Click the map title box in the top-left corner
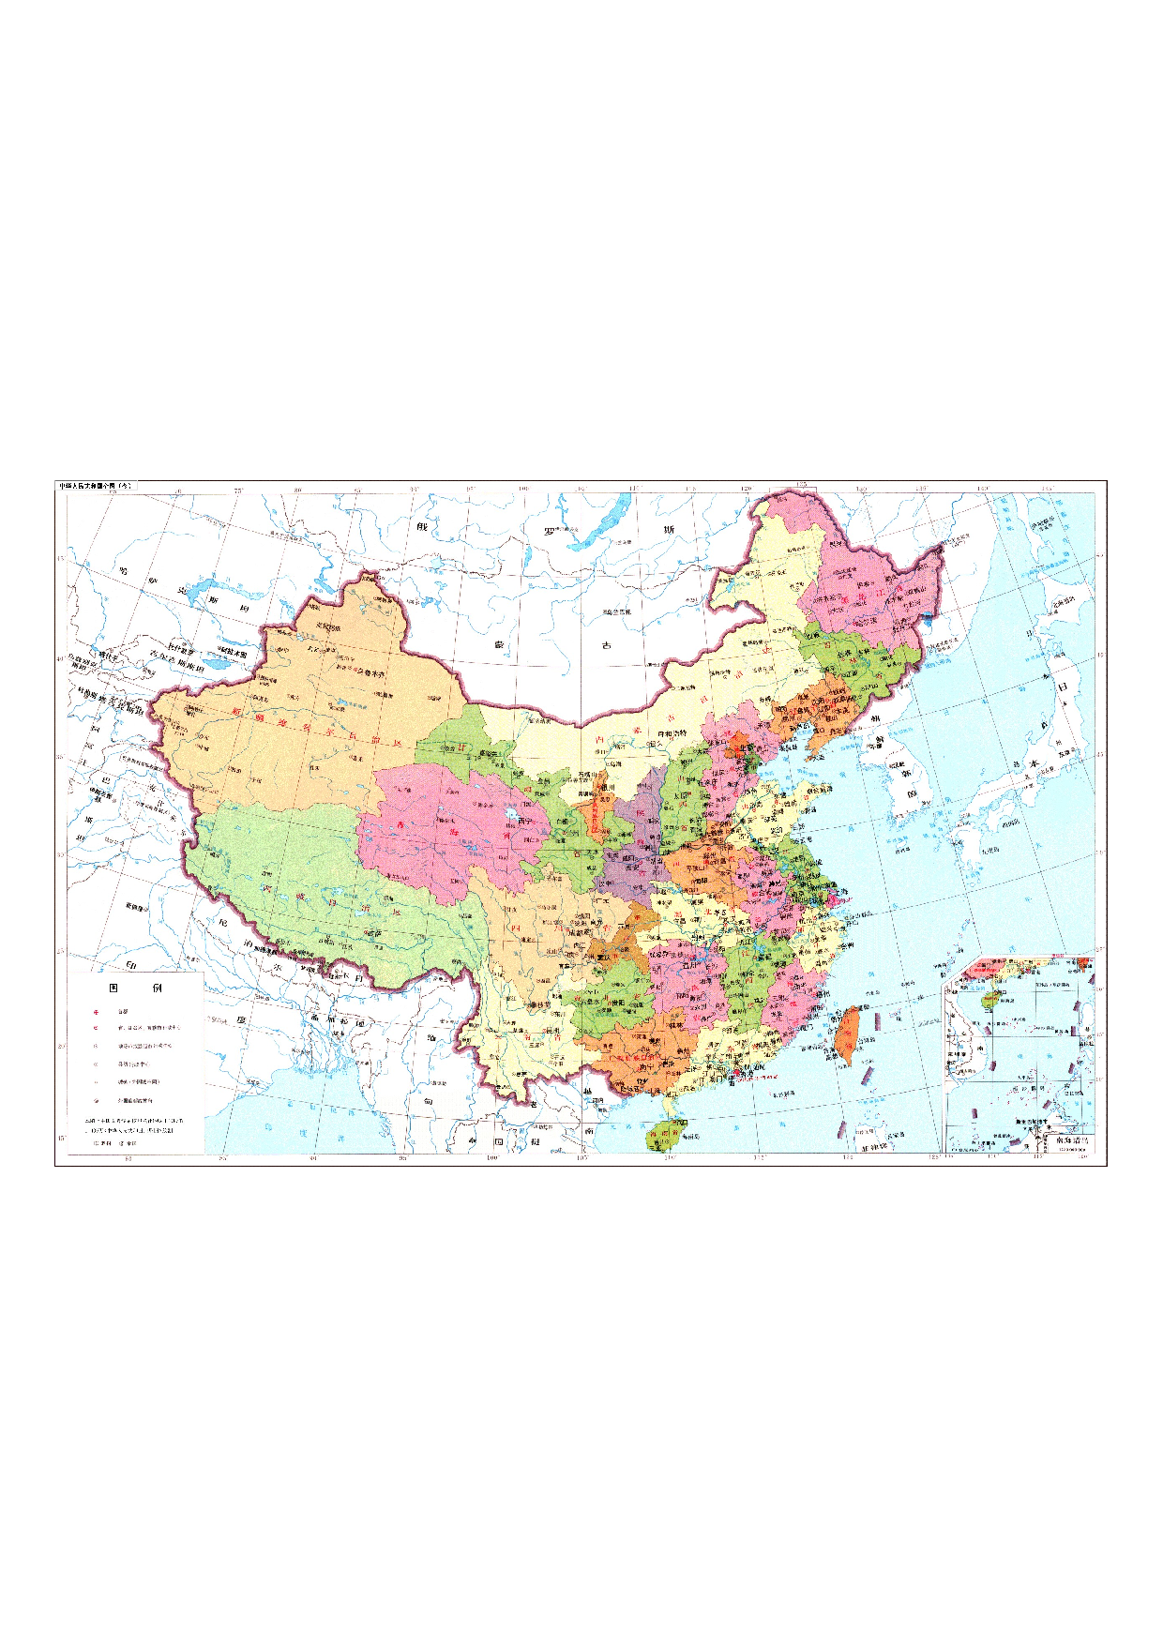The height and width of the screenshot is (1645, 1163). pyautogui.click(x=98, y=487)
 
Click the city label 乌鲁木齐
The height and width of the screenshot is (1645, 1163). pyautogui.click(x=372, y=672)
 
